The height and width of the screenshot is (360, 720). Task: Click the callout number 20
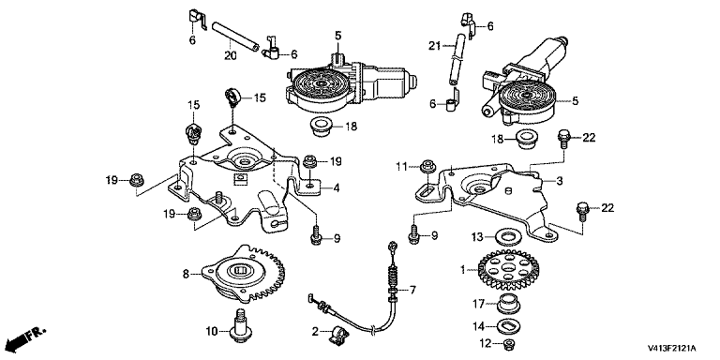(x=230, y=55)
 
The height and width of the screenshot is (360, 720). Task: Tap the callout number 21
(x=434, y=45)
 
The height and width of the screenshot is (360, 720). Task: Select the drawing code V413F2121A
(x=672, y=348)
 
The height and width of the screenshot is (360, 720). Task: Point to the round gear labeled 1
(x=504, y=272)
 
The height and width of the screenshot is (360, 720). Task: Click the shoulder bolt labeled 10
(x=241, y=326)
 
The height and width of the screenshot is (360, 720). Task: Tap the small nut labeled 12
(x=509, y=343)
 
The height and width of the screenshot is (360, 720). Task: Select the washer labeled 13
(x=508, y=237)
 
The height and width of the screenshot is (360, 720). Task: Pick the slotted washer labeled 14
(x=509, y=326)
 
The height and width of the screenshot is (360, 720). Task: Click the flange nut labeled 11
(x=428, y=166)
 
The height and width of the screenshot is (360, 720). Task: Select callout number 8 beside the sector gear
(x=186, y=274)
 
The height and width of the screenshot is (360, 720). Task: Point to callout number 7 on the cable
(x=412, y=290)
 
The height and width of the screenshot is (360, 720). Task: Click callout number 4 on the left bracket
(x=337, y=187)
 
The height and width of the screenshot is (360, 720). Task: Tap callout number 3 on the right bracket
(x=560, y=181)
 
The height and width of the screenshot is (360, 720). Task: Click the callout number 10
(x=211, y=330)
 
